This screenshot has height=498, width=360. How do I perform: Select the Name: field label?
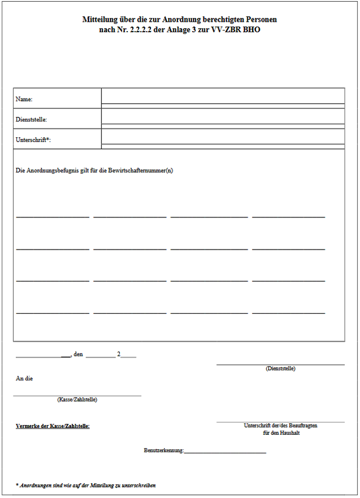pyautogui.click(x=25, y=100)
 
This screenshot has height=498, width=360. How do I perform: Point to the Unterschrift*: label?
pyautogui.click(x=33, y=140)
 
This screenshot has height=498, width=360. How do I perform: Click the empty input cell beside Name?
pyautogui.click(x=223, y=96)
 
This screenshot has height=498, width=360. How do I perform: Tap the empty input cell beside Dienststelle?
pyautogui.click(x=223, y=116)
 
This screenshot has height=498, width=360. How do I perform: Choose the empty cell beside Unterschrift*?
pyautogui.click(x=223, y=136)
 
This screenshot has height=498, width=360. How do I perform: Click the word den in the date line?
pyautogui.click(x=78, y=355)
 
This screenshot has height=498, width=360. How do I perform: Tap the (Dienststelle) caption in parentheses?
pyautogui.click(x=280, y=369)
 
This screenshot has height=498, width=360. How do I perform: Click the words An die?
pyautogui.click(x=24, y=379)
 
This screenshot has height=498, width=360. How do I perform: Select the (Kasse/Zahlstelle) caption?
pyautogui.click(x=77, y=399)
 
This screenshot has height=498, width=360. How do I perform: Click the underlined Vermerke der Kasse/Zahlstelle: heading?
pyautogui.click(x=53, y=426)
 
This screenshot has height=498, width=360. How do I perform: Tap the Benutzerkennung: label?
pyautogui.click(x=164, y=451)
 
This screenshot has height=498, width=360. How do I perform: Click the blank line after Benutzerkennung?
pyautogui.click(x=225, y=451)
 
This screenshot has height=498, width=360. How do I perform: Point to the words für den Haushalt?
pyautogui.click(x=281, y=433)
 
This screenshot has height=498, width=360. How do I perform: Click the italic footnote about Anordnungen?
pyautogui.click(x=86, y=485)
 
